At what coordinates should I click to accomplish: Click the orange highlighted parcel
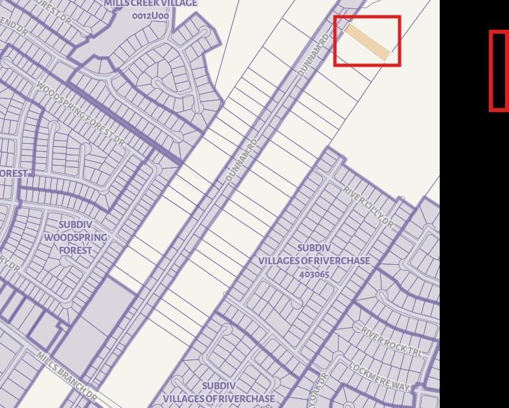pos(367,41)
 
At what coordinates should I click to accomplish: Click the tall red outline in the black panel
pos(498,71)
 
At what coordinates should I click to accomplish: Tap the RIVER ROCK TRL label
pos(392,341)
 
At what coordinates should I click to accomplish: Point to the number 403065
pos(315,274)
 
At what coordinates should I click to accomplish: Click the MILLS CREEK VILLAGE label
pos(150,4)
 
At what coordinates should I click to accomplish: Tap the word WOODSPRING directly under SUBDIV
pos(76,238)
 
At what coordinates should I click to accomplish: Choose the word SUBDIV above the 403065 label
pos(315,248)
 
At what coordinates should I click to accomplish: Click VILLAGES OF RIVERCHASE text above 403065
pos(315,261)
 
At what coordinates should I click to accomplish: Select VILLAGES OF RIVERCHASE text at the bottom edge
pos(219,398)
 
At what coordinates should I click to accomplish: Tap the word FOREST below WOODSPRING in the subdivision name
pos(76,250)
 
